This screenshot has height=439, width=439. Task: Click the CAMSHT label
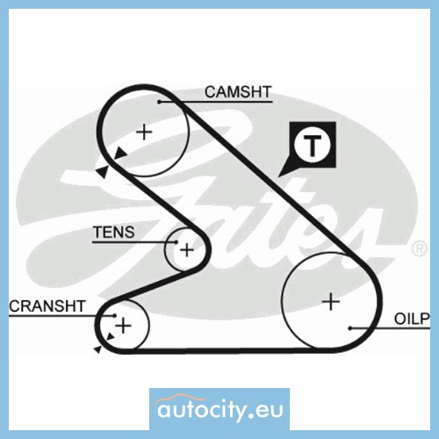coord(238,92)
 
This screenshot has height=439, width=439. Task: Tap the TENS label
coord(114,232)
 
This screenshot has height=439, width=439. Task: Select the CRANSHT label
coord(47,306)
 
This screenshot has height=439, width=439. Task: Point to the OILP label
coord(412,319)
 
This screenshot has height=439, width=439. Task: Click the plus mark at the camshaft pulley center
coord(144,132)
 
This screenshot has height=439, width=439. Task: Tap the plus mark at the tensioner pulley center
coord(186,250)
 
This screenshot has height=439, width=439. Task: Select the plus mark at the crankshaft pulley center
coord(123,326)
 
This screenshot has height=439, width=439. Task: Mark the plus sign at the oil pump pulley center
coord(331,301)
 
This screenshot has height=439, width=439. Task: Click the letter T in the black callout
coord(313,146)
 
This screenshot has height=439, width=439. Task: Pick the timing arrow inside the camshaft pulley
coord(120,153)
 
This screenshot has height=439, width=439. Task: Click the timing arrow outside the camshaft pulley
coord(103,171)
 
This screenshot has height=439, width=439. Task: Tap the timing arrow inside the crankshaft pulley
coord(111,336)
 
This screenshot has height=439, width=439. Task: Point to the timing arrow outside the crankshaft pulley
coord(97,349)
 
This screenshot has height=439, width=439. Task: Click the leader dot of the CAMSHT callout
coord(160,102)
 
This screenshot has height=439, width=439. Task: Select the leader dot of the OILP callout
coord(350,328)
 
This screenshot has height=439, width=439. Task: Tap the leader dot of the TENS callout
coord(176,242)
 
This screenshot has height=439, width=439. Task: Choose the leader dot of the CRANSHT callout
coord(115,315)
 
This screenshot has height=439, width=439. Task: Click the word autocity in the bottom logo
coord(201,410)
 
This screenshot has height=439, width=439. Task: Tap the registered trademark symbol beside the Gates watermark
coord(419,248)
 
